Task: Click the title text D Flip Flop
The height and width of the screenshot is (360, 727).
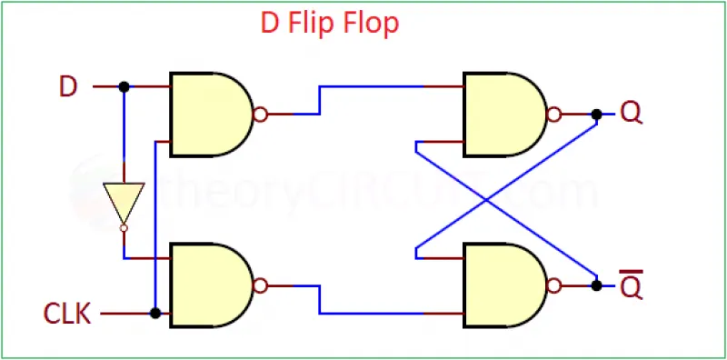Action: pyautogui.click(x=330, y=24)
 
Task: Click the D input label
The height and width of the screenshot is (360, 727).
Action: pyautogui.click(x=67, y=86)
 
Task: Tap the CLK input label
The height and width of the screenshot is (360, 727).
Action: pyautogui.click(x=67, y=314)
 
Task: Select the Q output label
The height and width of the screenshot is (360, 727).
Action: pyautogui.click(x=631, y=115)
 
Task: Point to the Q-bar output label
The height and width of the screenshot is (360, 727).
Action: pyautogui.click(x=631, y=284)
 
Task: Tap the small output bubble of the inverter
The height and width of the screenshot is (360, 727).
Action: pyautogui.click(x=124, y=228)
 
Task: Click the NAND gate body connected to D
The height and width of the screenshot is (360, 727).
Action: pyautogui.click(x=212, y=115)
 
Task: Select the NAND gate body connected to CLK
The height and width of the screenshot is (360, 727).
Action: pyautogui.click(x=212, y=285)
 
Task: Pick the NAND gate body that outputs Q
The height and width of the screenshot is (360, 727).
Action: pyautogui.click(x=505, y=115)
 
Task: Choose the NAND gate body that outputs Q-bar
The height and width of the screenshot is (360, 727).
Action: pyautogui.click(x=505, y=285)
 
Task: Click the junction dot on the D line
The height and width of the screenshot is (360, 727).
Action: pyautogui.click(x=124, y=86)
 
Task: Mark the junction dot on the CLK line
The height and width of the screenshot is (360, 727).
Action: pyautogui.click(x=155, y=313)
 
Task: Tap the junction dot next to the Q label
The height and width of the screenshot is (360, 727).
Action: pyautogui.click(x=597, y=115)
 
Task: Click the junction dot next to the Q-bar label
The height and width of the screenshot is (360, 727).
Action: pyautogui.click(x=597, y=285)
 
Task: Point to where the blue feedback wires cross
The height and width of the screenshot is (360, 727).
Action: pyautogui.click(x=486, y=200)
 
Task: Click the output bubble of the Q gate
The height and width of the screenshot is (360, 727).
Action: pyautogui.click(x=554, y=115)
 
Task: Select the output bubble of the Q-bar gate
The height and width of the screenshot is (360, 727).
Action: pyautogui.click(x=554, y=285)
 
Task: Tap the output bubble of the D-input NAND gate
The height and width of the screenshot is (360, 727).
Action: pyautogui.click(x=261, y=115)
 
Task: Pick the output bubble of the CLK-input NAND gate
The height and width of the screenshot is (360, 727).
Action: pyautogui.click(x=261, y=285)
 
